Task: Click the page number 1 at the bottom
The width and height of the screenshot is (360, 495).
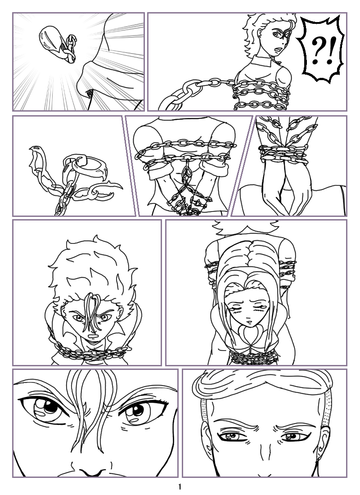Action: click(180, 486)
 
